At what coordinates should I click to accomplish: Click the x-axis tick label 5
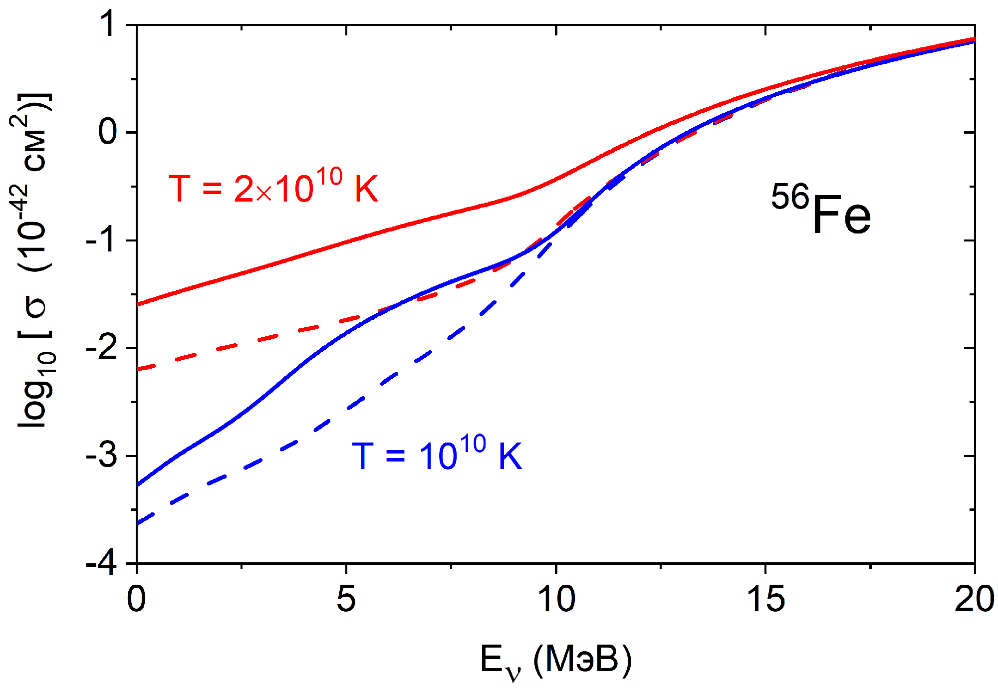point(346,599)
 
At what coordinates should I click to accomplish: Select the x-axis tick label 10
point(556,599)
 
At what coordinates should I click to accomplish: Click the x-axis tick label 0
point(136,599)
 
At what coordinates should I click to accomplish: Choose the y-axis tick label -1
point(102,240)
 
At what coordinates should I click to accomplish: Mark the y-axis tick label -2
point(102,348)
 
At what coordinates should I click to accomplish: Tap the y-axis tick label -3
point(102,456)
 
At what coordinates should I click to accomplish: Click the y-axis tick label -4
point(102,563)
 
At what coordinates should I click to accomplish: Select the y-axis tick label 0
point(109,132)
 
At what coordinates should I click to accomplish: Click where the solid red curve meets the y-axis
point(137,304)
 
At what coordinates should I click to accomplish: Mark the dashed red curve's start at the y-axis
point(137,369)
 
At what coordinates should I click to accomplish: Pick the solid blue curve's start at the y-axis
point(137,484)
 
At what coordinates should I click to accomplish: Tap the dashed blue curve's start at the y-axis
point(137,524)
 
